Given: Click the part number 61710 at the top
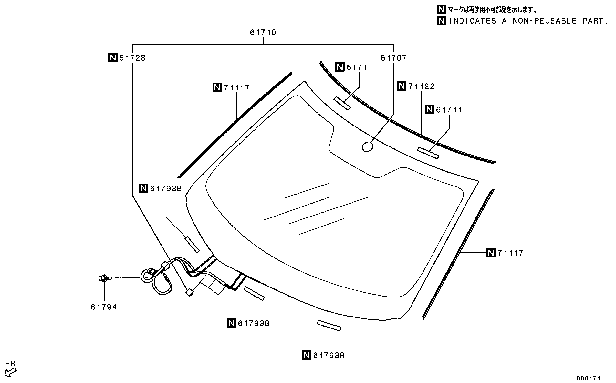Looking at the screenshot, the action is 263,32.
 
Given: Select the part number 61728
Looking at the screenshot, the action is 132,58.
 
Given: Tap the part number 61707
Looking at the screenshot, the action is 394,58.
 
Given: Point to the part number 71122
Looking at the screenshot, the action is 422,86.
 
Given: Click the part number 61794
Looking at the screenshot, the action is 104,307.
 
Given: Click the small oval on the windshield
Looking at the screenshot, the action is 368,147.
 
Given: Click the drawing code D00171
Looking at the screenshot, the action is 589,378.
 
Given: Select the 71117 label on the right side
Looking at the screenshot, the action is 510,253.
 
